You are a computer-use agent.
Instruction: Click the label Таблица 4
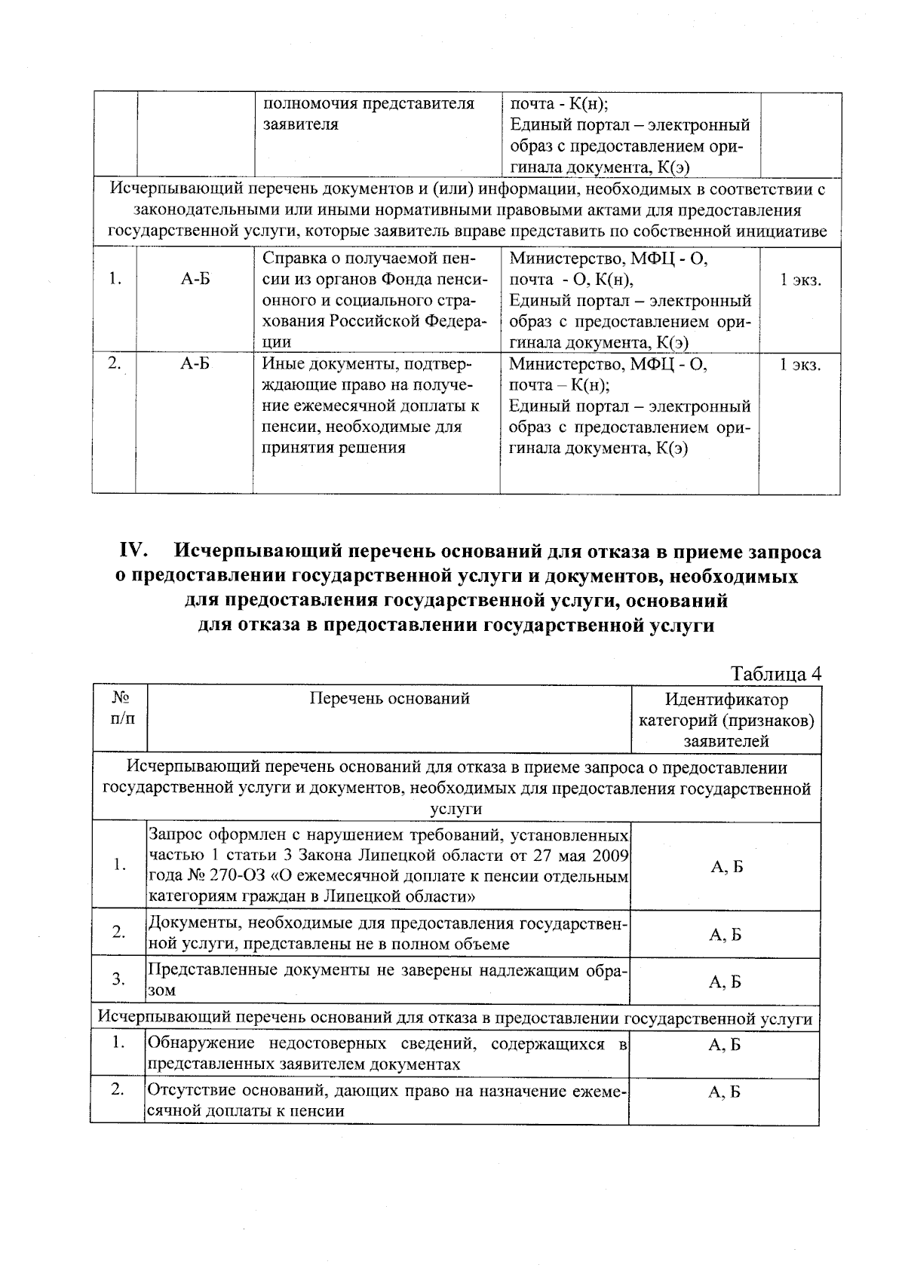coord(776,673)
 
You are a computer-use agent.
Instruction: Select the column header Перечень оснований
coord(389,698)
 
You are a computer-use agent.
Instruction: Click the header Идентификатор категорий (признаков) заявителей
coord(726,720)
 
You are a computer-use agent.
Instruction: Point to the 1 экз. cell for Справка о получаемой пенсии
coord(800,280)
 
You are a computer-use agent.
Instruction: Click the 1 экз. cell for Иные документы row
coord(800,365)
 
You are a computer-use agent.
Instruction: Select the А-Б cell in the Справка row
coord(195,280)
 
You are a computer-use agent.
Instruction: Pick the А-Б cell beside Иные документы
coord(195,365)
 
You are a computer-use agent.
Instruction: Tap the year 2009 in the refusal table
coord(611,856)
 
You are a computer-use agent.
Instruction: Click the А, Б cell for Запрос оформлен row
coord(726,867)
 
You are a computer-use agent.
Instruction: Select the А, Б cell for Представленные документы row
coord(726,981)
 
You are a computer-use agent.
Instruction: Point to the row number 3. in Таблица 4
coord(118,979)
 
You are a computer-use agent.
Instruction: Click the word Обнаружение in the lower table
coord(198,1044)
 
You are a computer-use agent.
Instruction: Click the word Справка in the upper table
coord(292,259)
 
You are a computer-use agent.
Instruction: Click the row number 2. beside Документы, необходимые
coord(118,932)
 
